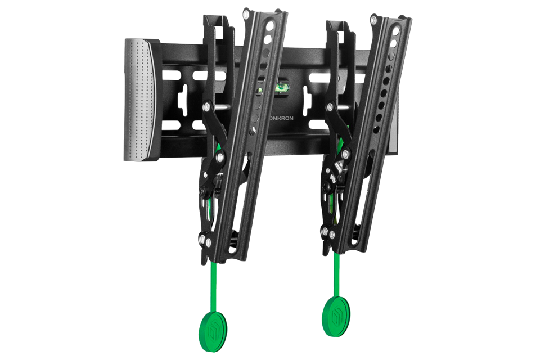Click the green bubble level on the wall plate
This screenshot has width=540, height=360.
tap(282, 87)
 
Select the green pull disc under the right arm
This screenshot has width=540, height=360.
tap(336, 316)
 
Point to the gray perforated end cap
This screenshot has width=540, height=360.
tap(142, 100)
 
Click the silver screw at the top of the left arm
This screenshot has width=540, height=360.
tap(246, 15)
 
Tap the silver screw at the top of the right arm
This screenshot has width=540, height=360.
tap(373, 20)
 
